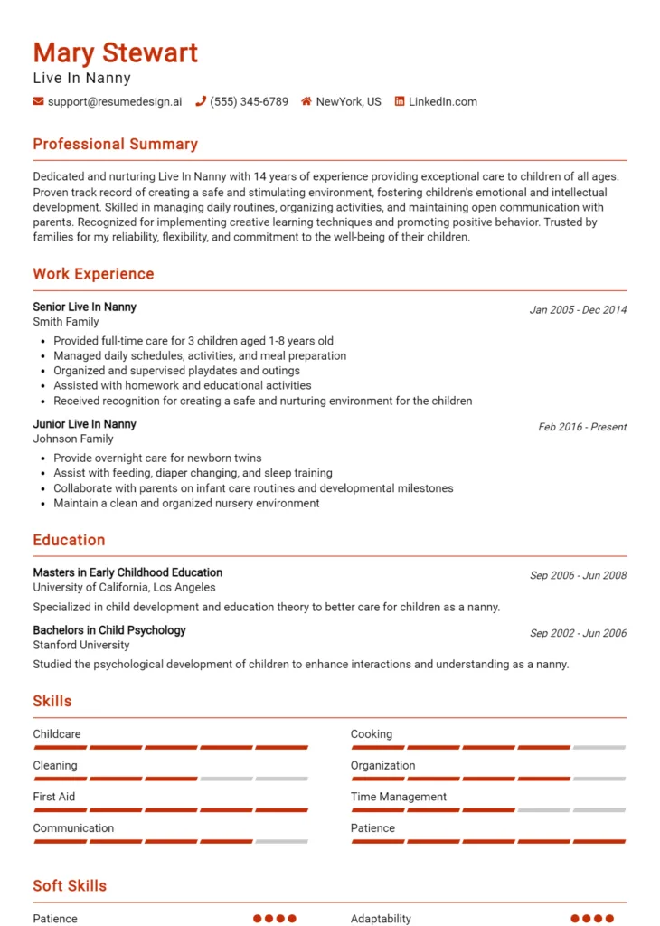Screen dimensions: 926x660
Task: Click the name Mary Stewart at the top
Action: click(x=115, y=52)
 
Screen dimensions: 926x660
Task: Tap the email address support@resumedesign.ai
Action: click(x=114, y=102)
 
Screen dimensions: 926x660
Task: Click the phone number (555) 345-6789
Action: click(x=249, y=102)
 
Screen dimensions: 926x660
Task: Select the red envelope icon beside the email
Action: click(x=38, y=102)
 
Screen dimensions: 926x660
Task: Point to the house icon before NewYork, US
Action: click(x=306, y=102)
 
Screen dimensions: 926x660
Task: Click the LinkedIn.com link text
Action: click(x=442, y=102)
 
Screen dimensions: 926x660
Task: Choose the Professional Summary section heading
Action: click(x=115, y=145)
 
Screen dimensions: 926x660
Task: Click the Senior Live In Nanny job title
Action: click(x=84, y=307)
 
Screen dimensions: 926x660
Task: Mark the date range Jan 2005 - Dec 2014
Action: click(x=578, y=310)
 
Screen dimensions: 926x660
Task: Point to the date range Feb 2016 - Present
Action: click(x=582, y=427)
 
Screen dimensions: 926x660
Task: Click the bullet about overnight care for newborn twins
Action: click(x=157, y=458)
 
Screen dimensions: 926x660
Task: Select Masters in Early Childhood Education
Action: click(x=127, y=572)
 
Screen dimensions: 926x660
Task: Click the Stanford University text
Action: click(x=81, y=646)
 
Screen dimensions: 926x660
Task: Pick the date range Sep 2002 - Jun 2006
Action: click(x=578, y=634)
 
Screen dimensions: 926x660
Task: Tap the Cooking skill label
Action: click(x=372, y=734)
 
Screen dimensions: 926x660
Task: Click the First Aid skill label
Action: click(x=54, y=797)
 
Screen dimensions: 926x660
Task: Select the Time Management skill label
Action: click(x=399, y=797)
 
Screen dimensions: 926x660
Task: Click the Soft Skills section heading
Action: click(x=70, y=886)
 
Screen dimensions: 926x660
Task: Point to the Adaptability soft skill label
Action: click(x=381, y=919)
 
